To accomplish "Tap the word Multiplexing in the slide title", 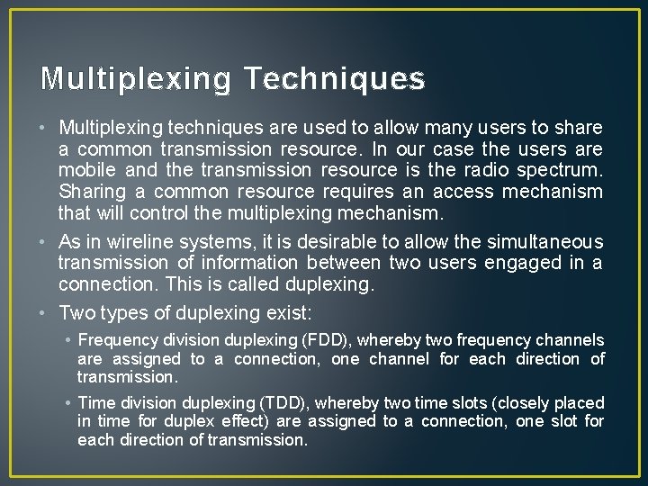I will tap(136, 80).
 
